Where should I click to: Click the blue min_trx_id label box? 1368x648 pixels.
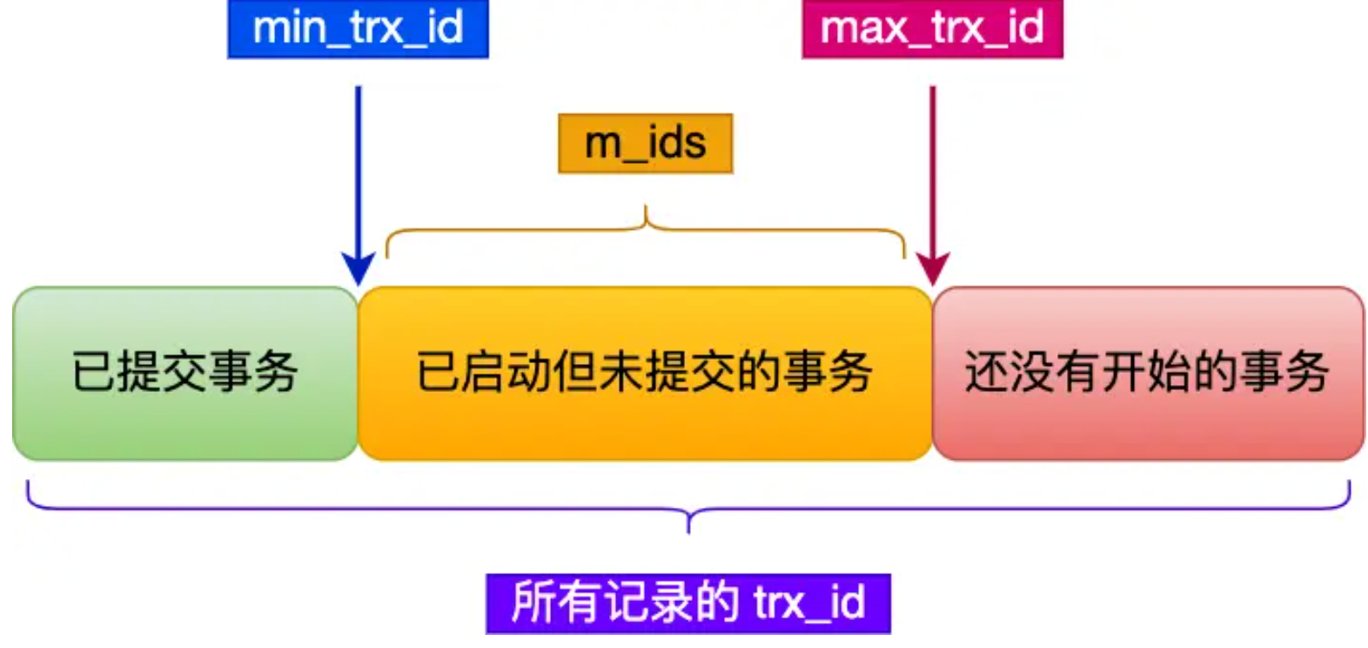tap(358, 29)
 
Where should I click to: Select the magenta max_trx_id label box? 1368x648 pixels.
tap(932, 29)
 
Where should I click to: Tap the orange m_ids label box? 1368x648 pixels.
tap(645, 143)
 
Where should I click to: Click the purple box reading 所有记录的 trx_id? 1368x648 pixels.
tap(687, 603)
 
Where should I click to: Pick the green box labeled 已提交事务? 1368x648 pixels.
tap(184, 373)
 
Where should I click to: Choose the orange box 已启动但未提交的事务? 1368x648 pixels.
tap(645, 373)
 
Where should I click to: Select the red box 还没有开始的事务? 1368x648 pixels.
tap(1148, 373)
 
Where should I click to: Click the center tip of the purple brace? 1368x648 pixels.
tap(688, 528)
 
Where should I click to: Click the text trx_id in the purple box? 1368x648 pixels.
tap(809, 603)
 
